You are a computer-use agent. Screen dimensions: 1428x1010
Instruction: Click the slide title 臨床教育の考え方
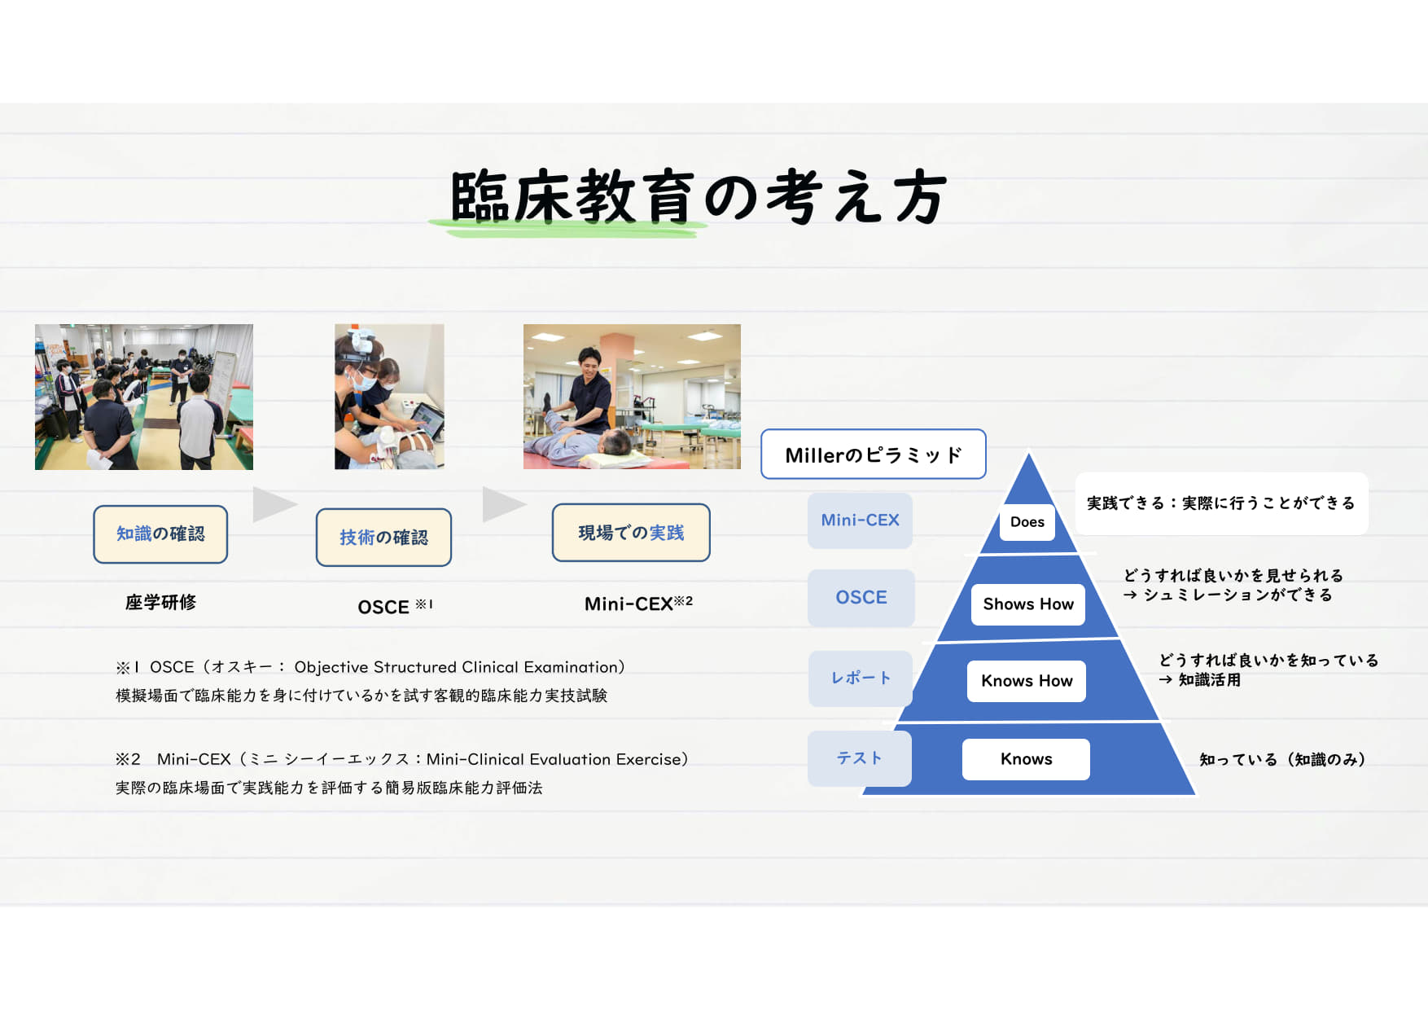(699, 197)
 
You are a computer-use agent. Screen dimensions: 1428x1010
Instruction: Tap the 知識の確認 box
(160, 534)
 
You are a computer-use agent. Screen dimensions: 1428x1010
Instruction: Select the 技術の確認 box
(383, 538)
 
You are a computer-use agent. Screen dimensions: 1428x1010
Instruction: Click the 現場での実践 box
(631, 533)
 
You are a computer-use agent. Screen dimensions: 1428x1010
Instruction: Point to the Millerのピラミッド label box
(874, 455)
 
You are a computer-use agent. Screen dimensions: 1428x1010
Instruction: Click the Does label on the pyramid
(1027, 522)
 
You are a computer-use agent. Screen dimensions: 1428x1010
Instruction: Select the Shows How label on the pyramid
(1028, 604)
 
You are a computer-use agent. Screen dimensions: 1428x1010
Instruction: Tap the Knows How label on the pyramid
(1027, 681)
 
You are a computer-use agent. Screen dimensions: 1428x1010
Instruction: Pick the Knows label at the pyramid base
(1026, 759)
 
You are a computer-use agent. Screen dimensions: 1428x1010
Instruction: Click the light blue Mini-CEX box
(860, 520)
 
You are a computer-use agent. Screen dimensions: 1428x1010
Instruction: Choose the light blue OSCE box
(861, 598)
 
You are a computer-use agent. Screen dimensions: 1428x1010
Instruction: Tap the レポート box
(861, 678)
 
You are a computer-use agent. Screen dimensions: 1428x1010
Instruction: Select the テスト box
(860, 758)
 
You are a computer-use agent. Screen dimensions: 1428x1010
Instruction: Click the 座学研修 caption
(160, 603)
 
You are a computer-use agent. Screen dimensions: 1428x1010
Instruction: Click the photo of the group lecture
(144, 397)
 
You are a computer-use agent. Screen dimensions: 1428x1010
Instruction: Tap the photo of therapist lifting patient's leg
(632, 397)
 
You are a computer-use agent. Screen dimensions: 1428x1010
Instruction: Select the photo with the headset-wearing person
(389, 397)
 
